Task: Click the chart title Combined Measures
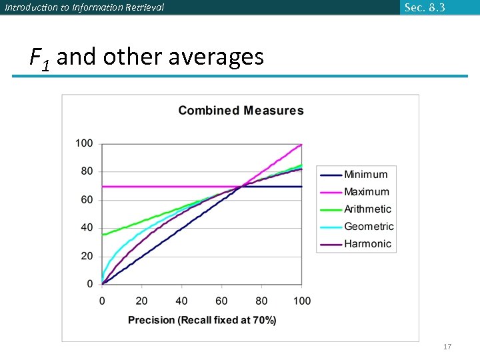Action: [x=241, y=111]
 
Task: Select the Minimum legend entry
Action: [x=365, y=175]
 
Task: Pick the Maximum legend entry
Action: [x=366, y=192]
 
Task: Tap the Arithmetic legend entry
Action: [x=367, y=209]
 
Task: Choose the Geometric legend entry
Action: [x=369, y=227]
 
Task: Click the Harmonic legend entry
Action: [x=367, y=244]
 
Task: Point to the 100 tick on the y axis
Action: [x=84, y=143]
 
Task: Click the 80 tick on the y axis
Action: [x=87, y=171]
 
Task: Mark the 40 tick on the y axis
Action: [x=87, y=228]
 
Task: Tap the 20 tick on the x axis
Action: [x=141, y=301]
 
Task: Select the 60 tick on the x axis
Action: [x=221, y=301]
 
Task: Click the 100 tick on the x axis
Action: [x=301, y=301]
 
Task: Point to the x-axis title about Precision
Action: [x=202, y=320]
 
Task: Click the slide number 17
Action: [x=447, y=347]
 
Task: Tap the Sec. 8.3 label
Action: [x=425, y=7]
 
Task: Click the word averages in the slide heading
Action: [x=216, y=57]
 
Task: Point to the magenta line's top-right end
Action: [x=301, y=144]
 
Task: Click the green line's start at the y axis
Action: [x=103, y=235]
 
